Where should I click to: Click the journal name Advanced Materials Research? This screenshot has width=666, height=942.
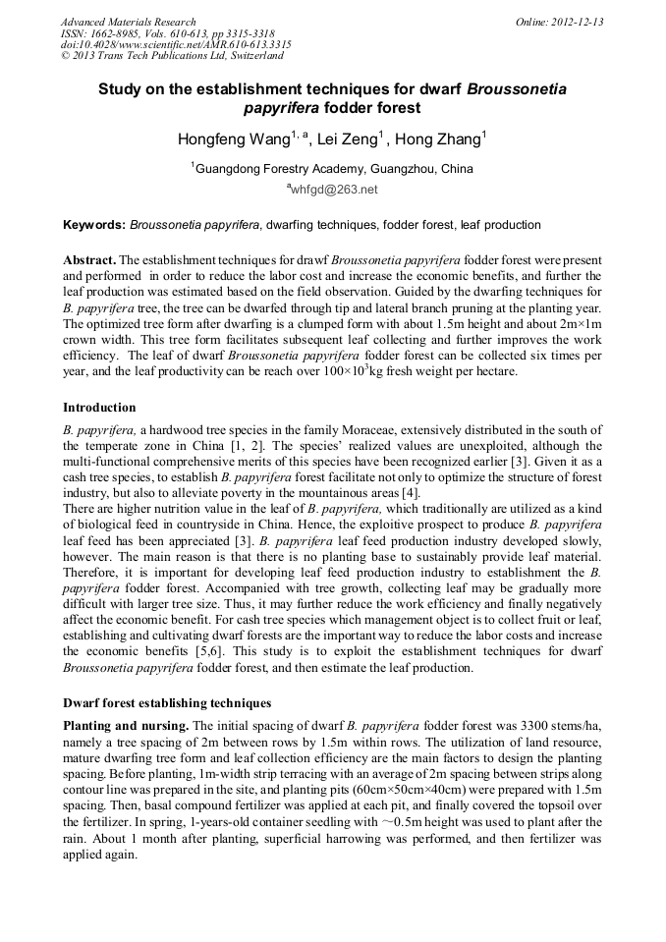(x=128, y=22)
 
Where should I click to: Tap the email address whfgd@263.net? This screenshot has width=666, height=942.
(x=334, y=190)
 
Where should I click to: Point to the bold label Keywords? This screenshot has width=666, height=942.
(x=94, y=225)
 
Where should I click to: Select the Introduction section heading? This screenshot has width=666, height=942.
(x=99, y=407)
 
